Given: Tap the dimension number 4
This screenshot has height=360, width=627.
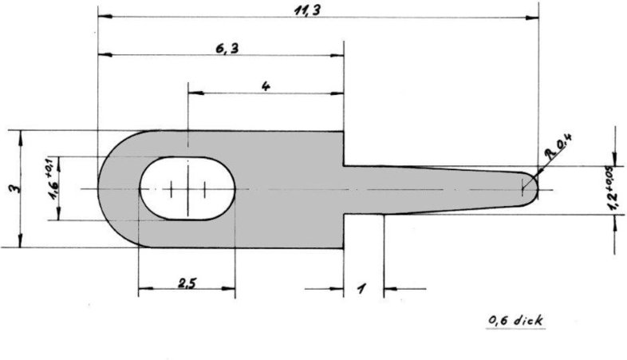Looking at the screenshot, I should point(264,85).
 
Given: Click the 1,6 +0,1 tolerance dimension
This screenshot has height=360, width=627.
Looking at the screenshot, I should point(53,188).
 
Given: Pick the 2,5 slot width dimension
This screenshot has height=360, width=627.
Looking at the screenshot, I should point(187,283).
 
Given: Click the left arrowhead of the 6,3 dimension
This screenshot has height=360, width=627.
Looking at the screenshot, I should point(102,55).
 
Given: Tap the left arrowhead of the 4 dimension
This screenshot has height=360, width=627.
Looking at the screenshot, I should point(192,93).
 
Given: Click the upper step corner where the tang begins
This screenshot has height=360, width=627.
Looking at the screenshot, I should point(344,166).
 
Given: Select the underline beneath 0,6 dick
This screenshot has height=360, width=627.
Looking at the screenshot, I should point(515,327).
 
